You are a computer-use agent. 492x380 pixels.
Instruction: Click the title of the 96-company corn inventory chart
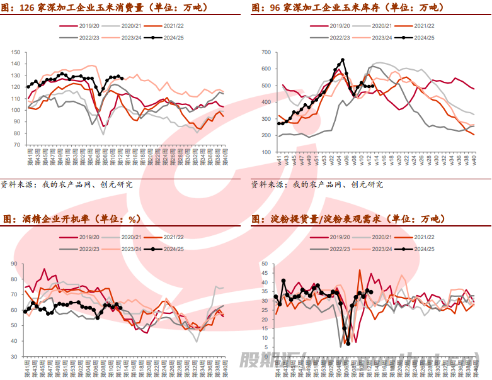coord(346,8)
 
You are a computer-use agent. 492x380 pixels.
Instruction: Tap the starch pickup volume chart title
coord(348,219)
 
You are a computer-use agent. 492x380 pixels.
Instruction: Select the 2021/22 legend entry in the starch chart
coord(421,237)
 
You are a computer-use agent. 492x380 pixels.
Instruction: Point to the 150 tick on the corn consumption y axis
coord(17,52)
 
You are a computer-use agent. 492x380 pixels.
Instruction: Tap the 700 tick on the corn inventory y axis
coord(265,52)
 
